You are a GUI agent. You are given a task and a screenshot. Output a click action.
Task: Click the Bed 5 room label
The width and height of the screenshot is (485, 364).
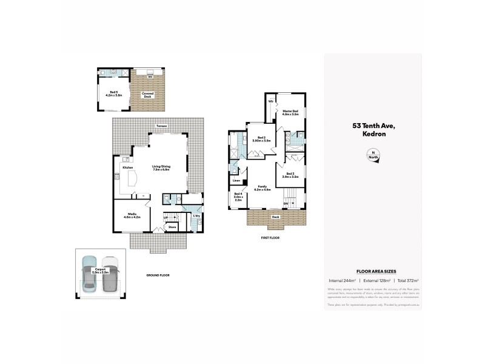(113, 93)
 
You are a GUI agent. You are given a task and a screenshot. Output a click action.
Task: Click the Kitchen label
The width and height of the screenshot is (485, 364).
(128, 167)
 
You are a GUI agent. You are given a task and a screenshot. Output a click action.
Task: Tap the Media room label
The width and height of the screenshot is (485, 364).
(132, 215)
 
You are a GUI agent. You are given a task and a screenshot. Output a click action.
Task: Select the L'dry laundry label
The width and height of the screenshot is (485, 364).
(196, 216)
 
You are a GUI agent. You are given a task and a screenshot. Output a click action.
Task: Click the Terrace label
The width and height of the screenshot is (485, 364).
(161, 126)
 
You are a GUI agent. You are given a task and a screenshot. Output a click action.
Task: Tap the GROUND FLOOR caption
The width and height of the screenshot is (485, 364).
(158, 275)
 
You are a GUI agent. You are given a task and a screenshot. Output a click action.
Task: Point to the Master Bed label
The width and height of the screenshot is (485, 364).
(291, 112)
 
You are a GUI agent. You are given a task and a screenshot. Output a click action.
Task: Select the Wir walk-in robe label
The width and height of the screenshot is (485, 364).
(271, 100)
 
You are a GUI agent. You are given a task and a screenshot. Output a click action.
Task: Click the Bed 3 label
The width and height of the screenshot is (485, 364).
(290, 175)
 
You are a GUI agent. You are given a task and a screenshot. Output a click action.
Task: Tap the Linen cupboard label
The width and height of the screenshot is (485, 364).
(236, 181)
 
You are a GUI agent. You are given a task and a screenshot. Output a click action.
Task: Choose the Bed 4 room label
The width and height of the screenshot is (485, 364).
(238, 197)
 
